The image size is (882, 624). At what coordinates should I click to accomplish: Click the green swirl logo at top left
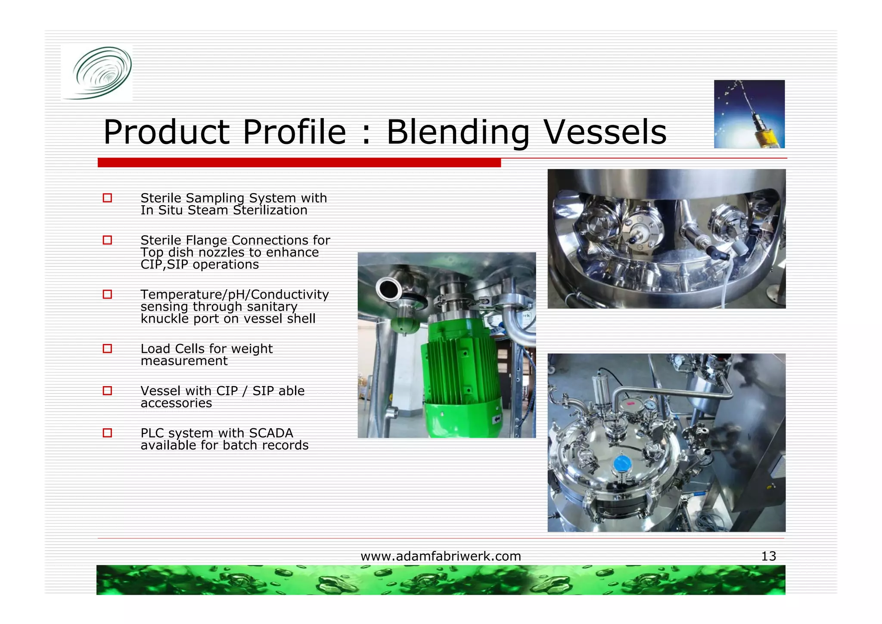coord(98,73)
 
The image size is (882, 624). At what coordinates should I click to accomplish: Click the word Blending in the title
coord(458,132)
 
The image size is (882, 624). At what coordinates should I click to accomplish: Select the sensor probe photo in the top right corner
coord(749,114)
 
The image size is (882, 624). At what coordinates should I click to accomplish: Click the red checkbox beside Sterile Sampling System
coord(107,198)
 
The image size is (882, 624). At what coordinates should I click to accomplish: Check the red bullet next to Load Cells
coord(107,348)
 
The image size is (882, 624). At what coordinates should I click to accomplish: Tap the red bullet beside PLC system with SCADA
coord(107,433)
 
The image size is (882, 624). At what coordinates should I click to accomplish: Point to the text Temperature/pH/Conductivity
coord(234,294)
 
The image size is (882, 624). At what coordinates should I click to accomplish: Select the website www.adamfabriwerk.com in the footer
coord(441,556)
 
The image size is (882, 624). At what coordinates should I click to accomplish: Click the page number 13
coord(768,556)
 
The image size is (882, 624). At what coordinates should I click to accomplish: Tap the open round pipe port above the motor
coord(388,289)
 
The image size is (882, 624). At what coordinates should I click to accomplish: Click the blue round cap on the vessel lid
coord(622,464)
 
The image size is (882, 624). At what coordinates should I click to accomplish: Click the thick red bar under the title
coord(299,162)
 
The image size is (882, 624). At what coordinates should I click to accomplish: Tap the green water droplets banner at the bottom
coord(441,580)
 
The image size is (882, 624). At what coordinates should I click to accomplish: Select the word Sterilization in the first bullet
coord(270,210)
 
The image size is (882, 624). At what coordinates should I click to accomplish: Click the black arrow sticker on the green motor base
coord(497,419)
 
